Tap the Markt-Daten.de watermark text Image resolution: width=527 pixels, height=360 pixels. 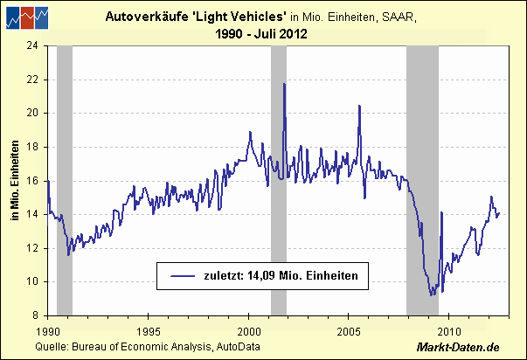click(473, 348)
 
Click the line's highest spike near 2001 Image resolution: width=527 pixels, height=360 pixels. click(284, 84)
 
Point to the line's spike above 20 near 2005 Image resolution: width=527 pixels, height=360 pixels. click(359, 106)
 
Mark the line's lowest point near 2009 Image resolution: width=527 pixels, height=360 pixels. click(431, 296)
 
